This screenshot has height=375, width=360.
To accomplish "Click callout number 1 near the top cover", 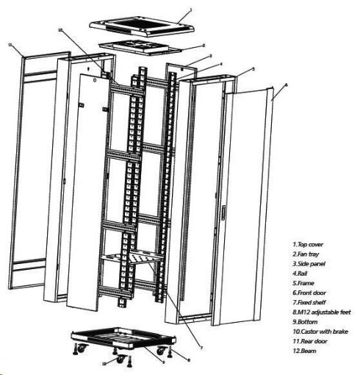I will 190,11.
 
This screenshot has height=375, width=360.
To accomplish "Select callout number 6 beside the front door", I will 285,85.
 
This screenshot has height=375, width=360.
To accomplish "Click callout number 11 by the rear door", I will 10,46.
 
